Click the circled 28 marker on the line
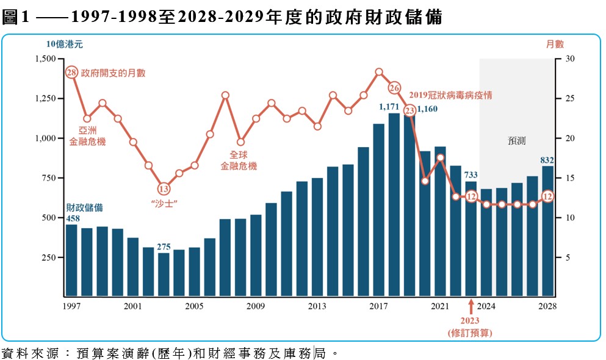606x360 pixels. point(71,73)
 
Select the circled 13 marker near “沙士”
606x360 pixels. point(163,189)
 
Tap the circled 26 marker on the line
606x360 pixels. point(394,88)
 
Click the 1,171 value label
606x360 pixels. point(388,107)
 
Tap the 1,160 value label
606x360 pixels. point(427,110)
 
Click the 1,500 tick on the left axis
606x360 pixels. point(46,59)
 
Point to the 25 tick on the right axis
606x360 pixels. point(565,99)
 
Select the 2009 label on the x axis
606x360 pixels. point(256,306)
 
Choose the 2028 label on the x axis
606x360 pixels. point(547,306)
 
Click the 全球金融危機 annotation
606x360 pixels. point(239,160)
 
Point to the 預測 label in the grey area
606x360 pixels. point(516,140)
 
